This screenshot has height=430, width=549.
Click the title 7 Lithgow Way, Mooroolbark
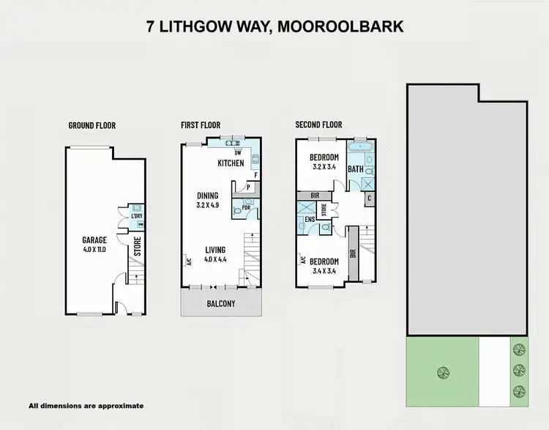coord(274,27)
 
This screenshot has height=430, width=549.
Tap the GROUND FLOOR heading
coord(92,125)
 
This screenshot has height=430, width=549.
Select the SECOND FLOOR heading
coord(319,125)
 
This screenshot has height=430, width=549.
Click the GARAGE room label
coord(94,240)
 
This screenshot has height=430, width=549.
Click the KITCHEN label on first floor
coord(231,163)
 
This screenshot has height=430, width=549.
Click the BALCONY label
coord(221,303)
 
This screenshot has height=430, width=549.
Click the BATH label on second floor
coord(356,169)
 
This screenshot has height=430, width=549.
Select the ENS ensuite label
coord(310,219)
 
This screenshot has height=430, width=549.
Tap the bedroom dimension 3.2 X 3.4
coord(324,167)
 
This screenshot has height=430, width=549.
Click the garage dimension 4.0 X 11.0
coord(94,249)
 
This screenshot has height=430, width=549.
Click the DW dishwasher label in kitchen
coord(238,152)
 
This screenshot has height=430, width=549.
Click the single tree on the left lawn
coord(441,372)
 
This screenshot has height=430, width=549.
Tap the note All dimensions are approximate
coord(86,405)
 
